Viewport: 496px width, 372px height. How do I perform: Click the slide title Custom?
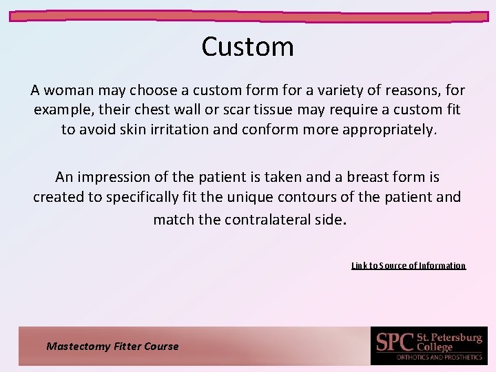pos(247,47)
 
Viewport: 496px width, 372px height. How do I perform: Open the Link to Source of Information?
pos(408,265)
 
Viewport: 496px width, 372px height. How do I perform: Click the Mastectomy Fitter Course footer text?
pos(112,347)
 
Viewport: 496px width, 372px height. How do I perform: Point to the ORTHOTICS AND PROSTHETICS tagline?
pos(438,357)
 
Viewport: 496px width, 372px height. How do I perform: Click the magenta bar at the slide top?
pos(248,15)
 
